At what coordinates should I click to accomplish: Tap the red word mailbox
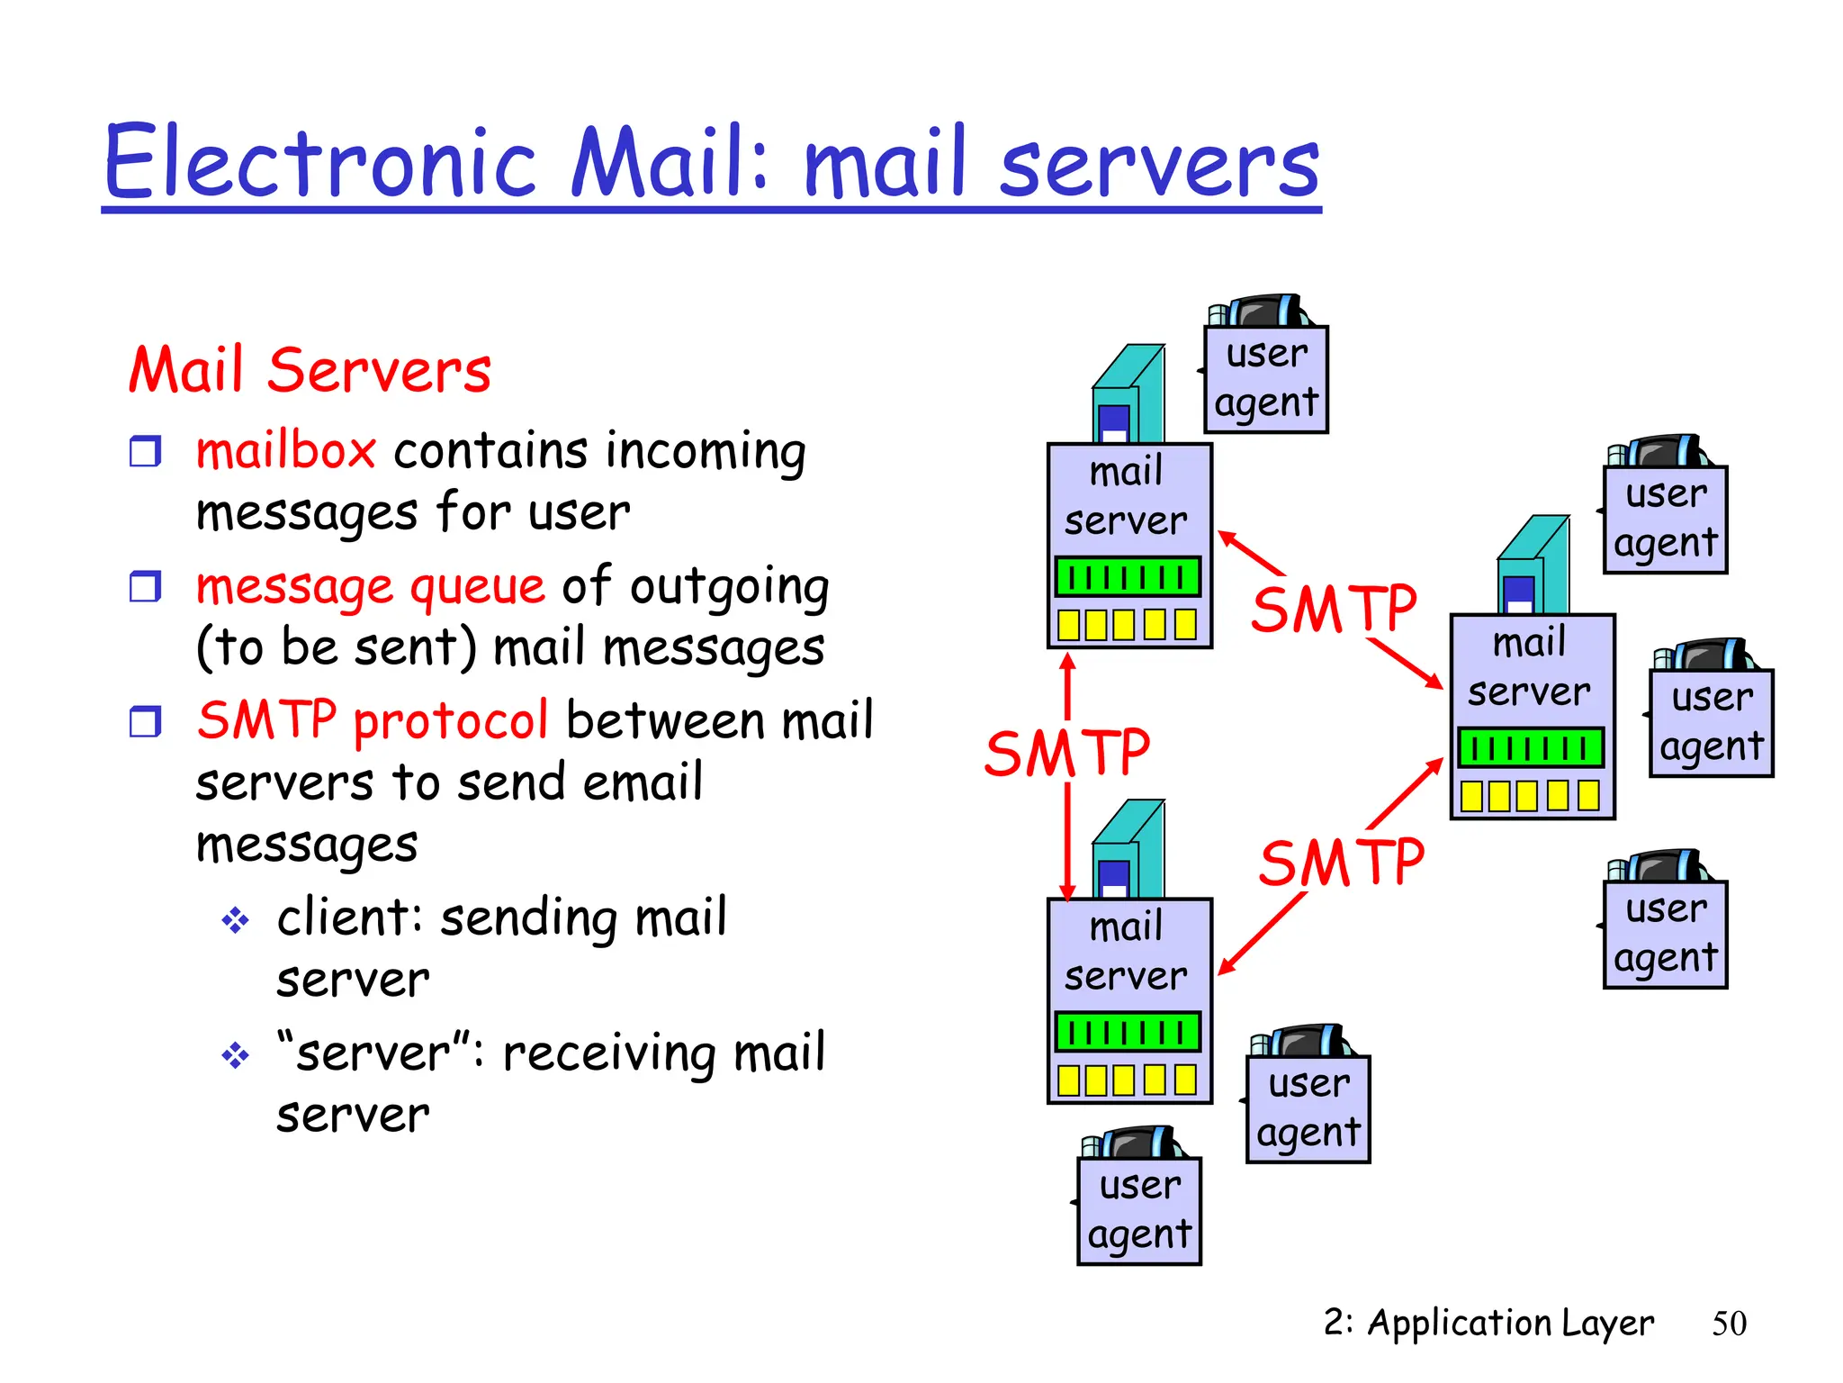pyautogui.click(x=285, y=450)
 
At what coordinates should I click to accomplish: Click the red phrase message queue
pyautogui.click(x=370, y=587)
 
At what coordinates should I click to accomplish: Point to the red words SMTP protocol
pyautogui.click(x=372, y=720)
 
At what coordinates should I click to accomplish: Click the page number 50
pyautogui.click(x=1728, y=1324)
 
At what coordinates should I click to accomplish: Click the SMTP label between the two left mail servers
pyautogui.click(x=1066, y=753)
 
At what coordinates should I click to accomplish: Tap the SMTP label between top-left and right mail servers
pyautogui.click(x=1334, y=609)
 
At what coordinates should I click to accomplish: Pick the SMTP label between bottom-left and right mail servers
pyautogui.click(x=1341, y=863)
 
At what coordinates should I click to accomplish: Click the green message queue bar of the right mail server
pyautogui.click(x=1531, y=747)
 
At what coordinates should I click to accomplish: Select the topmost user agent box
pyautogui.click(x=1266, y=379)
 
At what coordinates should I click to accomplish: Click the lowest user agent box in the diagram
pyautogui.click(x=1139, y=1211)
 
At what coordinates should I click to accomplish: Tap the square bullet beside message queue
pyautogui.click(x=145, y=587)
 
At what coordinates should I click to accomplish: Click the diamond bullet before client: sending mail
pyautogui.click(x=235, y=919)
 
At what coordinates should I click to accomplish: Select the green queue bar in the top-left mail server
pyautogui.click(x=1128, y=576)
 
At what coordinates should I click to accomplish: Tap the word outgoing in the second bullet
pyautogui.click(x=729, y=587)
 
